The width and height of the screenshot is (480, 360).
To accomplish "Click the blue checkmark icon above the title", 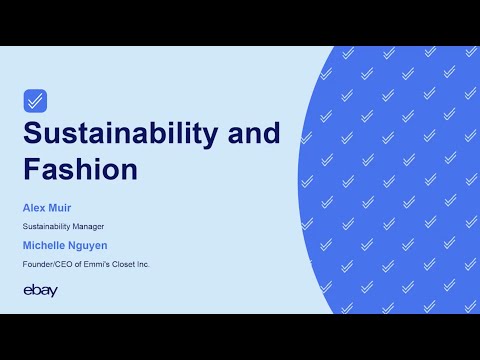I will tap(35, 100).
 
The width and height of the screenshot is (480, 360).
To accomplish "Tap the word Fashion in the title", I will tap(80, 168).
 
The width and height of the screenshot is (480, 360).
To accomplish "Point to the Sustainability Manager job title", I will tap(62, 227).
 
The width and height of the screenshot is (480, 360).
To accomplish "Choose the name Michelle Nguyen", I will tap(64, 246).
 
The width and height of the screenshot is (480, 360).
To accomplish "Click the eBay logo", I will tap(40, 291).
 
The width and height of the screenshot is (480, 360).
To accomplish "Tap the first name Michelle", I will tap(44, 246).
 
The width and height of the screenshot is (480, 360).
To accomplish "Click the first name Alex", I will tap(34, 207).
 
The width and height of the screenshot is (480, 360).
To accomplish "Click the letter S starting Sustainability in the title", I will tap(32, 133).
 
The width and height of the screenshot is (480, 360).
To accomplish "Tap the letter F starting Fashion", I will tap(31, 168).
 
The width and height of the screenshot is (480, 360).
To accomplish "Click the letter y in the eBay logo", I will tap(53, 292).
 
